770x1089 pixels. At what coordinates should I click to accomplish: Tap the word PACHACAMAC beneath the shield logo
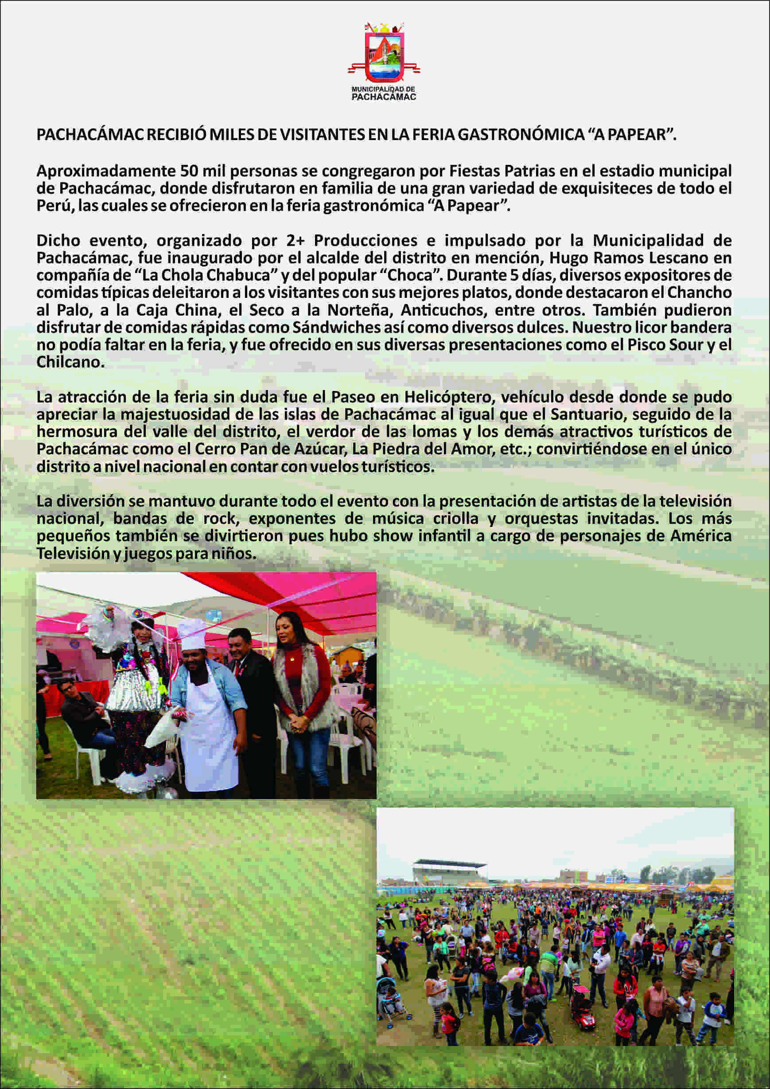384,97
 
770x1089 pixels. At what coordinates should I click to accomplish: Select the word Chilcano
70,362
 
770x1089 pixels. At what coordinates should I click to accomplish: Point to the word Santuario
587,414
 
